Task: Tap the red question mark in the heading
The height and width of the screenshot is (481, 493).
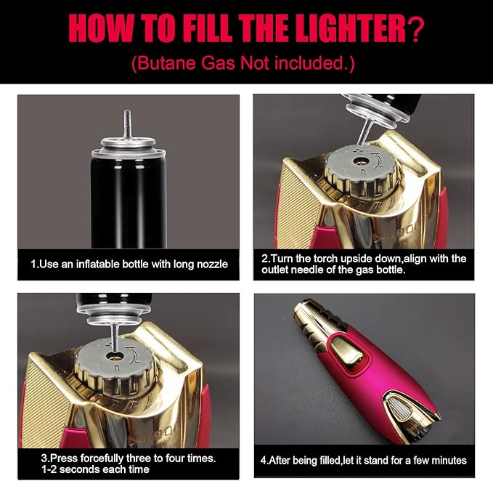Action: (x=416, y=29)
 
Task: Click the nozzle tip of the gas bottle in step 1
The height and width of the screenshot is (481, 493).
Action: (x=127, y=112)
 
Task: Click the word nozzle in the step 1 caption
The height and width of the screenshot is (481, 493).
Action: (x=212, y=264)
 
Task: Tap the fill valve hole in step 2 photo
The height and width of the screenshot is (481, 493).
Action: (x=361, y=162)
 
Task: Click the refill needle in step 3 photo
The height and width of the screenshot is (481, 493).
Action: (x=115, y=338)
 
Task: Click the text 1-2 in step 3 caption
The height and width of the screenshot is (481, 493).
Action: (x=49, y=469)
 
